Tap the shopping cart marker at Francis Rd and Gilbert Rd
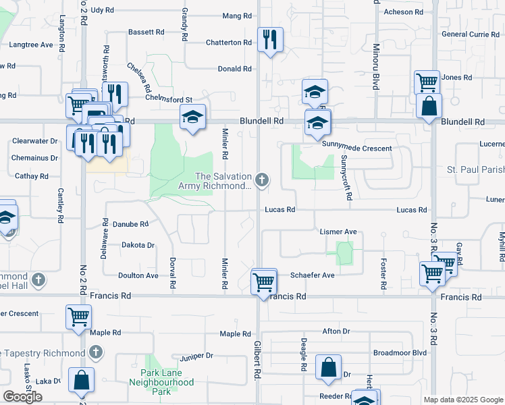(x=264, y=281)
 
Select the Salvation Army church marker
(x=263, y=180)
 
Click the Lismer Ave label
(x=338, y=232)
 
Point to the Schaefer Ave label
(x=312, y=275)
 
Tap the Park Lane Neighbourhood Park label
(x=167, y=382)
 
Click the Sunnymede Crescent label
(x=356, y=148)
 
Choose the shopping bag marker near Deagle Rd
(x=329, y=369)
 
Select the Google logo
(x=22, y=397)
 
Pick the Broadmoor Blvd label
(x=400, y=352)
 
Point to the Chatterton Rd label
(x=229, y=43)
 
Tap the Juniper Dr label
(x=196, y=356)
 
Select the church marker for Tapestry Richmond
(x=96, y=352)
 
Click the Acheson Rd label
(x=403, y=12)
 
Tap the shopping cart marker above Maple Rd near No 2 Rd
(x=79, y=316)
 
